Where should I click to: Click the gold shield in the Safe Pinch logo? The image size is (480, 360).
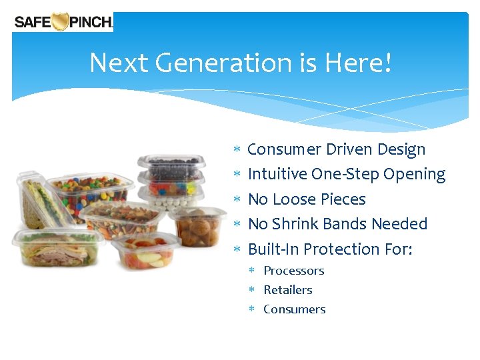61,21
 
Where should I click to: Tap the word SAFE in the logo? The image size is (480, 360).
31,22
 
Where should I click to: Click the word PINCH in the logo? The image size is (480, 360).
90,22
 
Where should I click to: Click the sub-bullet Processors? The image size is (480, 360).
294,271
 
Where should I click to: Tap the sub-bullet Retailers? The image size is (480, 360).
288,290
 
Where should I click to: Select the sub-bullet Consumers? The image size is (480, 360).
295,309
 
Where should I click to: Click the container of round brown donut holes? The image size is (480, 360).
197,227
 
